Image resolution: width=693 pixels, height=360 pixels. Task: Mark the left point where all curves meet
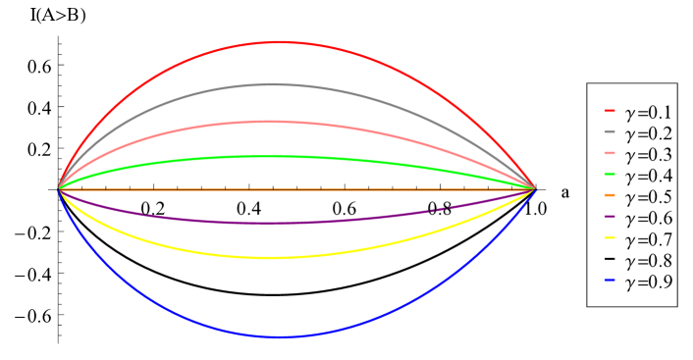coord(59,188)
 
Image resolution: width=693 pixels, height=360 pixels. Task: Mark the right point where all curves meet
coord(536,188)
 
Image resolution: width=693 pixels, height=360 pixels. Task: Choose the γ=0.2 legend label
coord(649,132)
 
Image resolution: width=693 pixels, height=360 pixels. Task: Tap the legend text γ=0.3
coord(649,154)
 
